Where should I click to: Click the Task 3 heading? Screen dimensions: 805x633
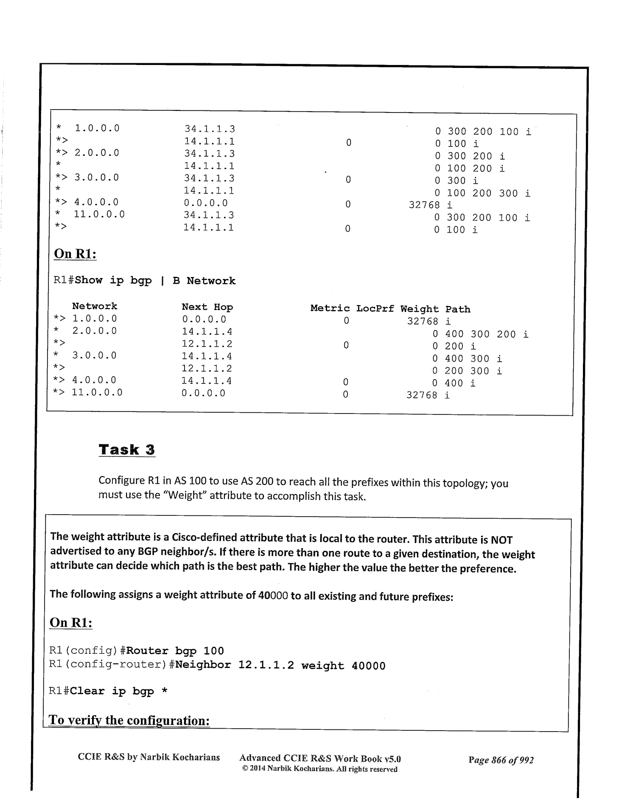(x=127, y=450)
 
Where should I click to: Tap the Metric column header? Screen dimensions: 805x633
(x=330, y=308)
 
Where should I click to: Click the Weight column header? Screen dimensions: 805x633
(x=419, y=309)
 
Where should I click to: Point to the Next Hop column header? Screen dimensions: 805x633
(x=207, y=307)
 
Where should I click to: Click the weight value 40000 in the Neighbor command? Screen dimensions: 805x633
(x=368, y=666)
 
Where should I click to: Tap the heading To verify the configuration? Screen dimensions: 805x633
(x=129, y=720)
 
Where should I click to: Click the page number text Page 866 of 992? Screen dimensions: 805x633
(x=501, y=760)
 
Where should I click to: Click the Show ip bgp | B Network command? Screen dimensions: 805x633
(x=155, y=281)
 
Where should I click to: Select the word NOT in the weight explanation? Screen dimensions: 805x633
(x=501, y=540)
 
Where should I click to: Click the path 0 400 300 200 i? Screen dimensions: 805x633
(x=480, y=335)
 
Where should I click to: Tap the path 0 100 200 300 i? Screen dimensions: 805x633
(x=482, y=194)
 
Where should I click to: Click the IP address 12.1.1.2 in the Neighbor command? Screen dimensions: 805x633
(x=266, y=665)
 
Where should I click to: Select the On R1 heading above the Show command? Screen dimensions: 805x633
(x=75, y=254)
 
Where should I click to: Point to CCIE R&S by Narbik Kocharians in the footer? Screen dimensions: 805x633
(x=149, y=757)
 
